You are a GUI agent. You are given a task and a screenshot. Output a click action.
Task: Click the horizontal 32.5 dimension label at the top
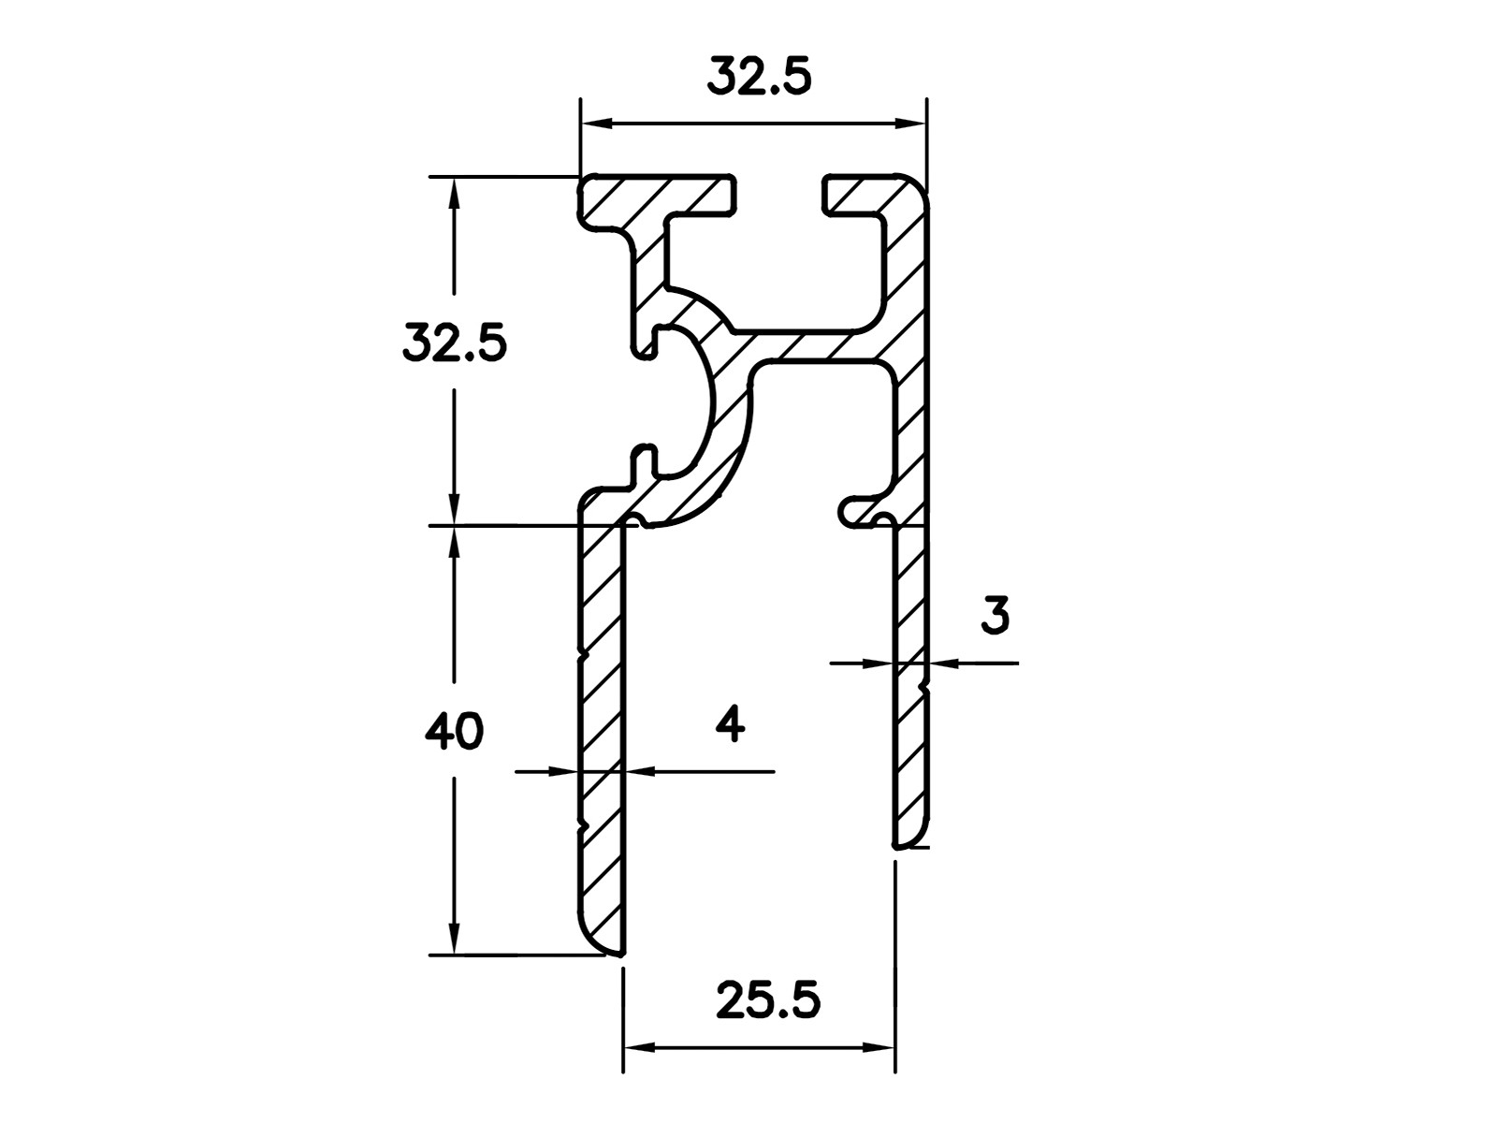point(759,76)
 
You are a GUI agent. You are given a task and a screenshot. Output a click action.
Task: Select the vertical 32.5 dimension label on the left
point(455,343)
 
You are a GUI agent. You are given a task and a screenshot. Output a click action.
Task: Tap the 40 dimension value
point(454,732)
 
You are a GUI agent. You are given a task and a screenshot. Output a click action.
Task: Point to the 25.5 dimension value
point(769,1001)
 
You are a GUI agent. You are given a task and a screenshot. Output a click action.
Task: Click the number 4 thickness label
point(731,723)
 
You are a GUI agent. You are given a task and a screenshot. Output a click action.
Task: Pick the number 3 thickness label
point(996,616)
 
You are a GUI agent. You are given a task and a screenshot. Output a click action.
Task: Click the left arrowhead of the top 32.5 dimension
point(596,124)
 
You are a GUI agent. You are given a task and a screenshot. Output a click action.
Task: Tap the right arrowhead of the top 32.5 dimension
point(910,124)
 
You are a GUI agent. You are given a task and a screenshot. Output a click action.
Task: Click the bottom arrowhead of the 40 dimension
point(454,939)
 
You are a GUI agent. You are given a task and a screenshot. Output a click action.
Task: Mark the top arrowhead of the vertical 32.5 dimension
point(454,194)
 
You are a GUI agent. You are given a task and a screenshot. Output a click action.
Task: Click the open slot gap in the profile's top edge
point(779,195)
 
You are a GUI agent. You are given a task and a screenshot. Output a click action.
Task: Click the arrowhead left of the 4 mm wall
point(565,772)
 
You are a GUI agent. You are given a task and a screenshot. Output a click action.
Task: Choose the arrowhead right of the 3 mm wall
point(943,662)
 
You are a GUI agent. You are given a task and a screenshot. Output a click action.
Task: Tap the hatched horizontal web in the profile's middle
point(811,348)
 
